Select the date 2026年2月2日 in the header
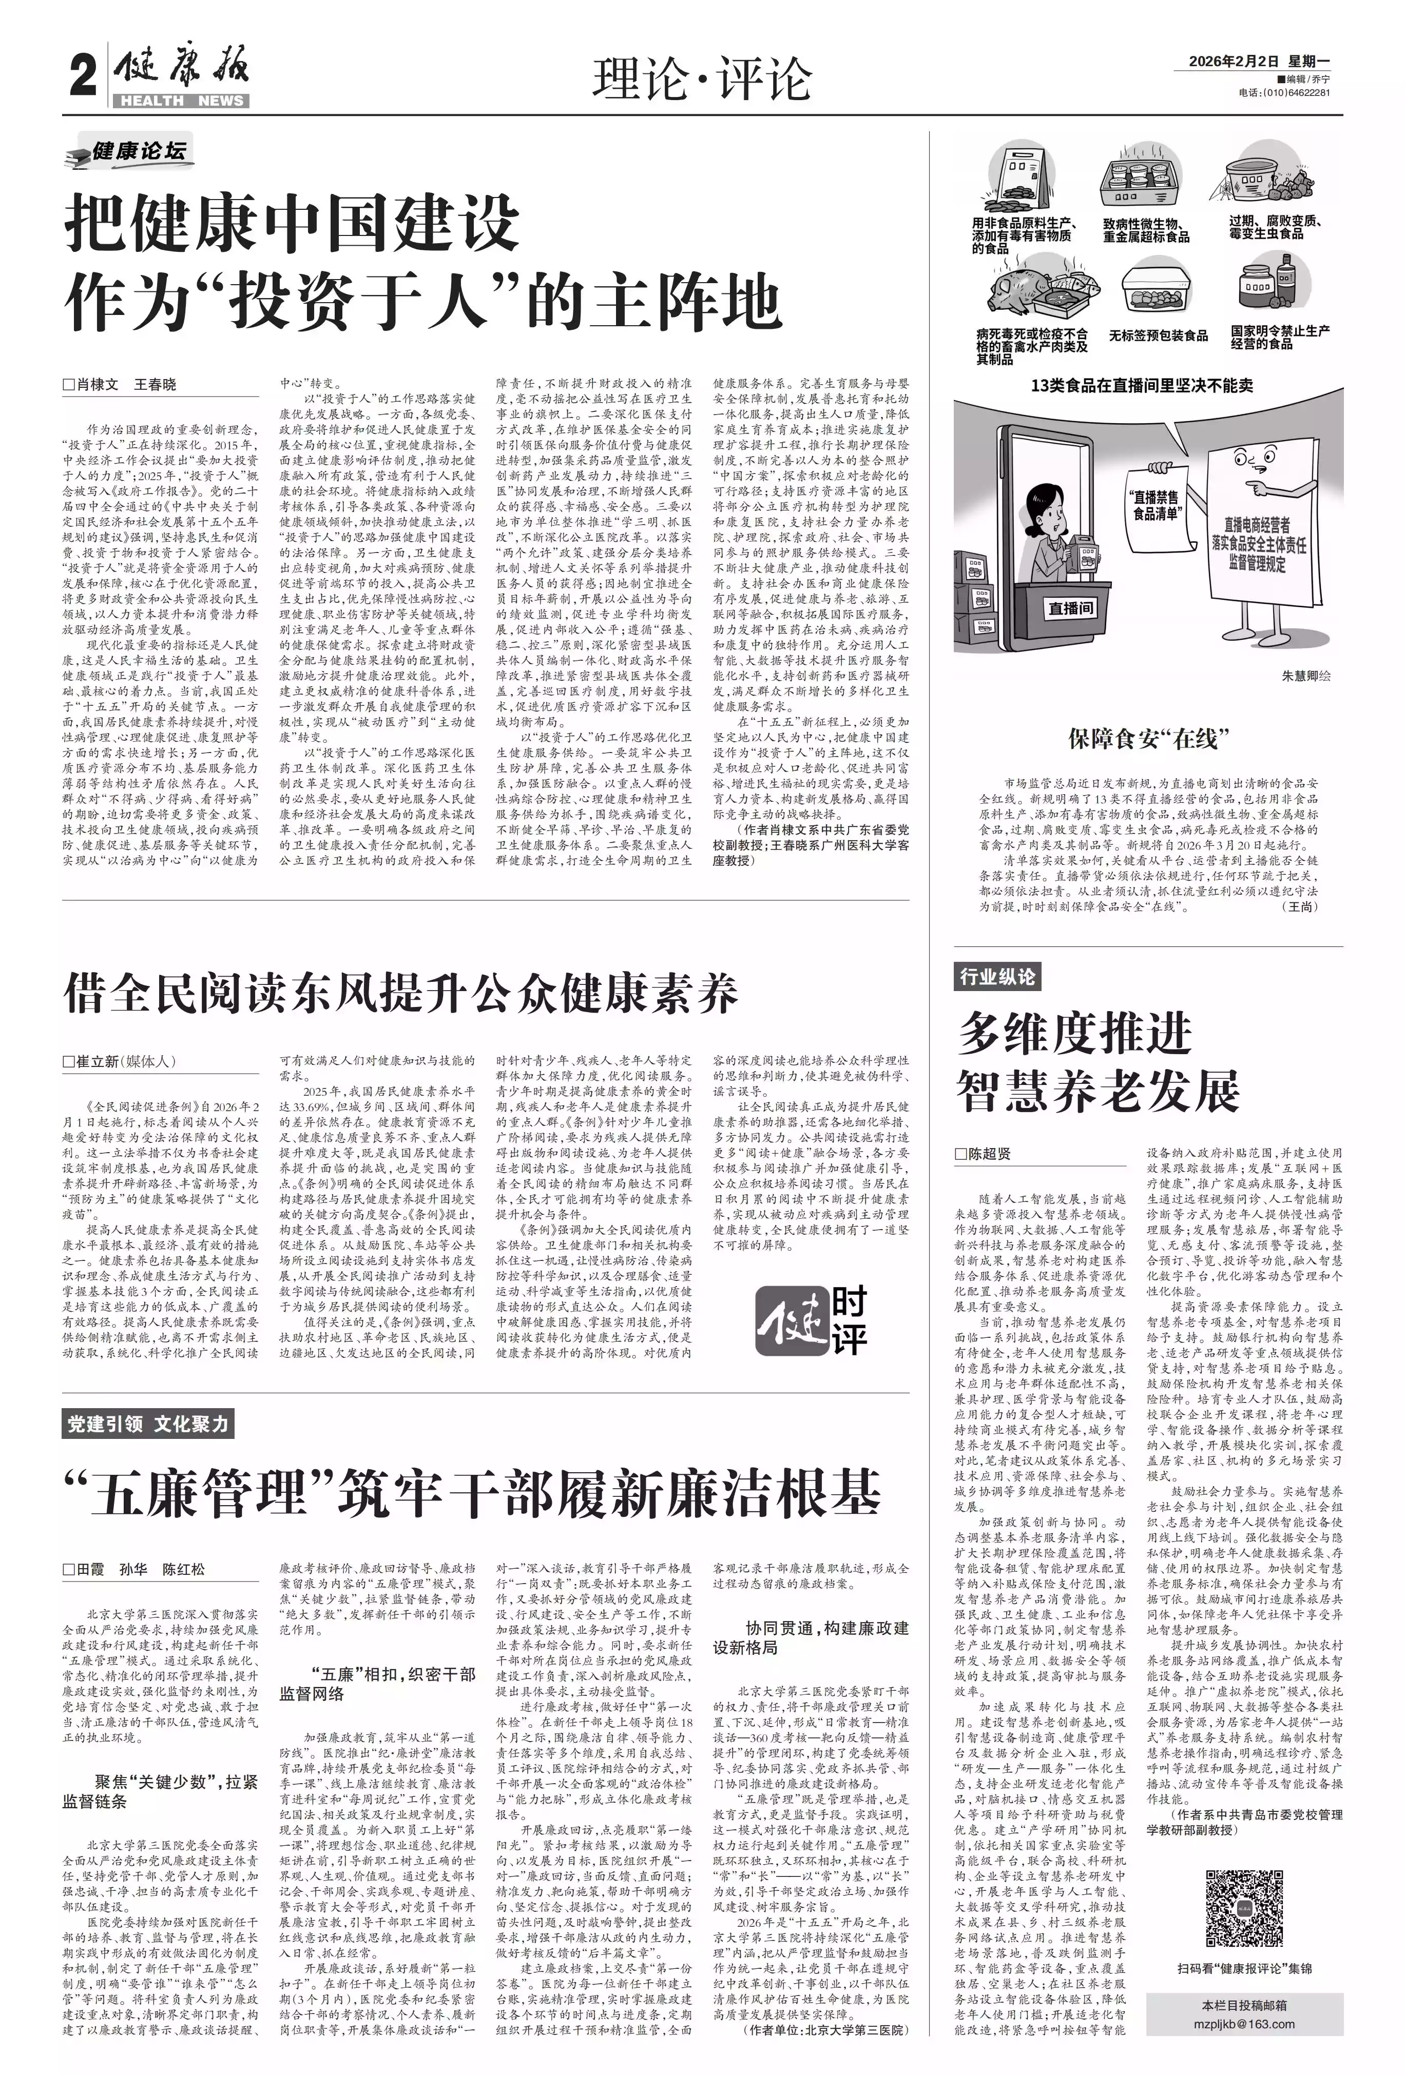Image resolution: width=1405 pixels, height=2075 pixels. click(x=1235, y=61)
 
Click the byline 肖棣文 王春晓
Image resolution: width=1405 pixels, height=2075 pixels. click(x=121, y=385)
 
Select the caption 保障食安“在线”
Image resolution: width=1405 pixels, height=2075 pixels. click(x=1148, y=738)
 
